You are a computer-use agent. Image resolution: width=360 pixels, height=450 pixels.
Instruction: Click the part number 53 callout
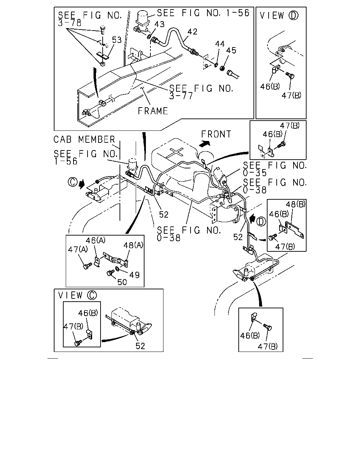[x=117, y=40]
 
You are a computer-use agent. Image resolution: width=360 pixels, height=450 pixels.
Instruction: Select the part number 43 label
[x=159, y=24]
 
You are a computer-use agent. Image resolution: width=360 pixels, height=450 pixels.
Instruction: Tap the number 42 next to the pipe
[x=192, y=32]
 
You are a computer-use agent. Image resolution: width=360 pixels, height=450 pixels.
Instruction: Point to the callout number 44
[x=220, y=44]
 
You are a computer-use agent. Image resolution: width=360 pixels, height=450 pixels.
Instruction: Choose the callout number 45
[x=231, y=50]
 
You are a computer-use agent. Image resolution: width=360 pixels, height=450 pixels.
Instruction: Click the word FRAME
[x=153, y=111]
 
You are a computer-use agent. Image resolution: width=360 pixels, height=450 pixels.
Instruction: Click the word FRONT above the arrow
[x=216, y=134]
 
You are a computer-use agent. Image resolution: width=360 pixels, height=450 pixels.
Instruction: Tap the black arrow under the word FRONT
[x=205, y=144]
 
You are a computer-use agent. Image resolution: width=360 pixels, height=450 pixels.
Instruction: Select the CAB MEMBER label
[x=84, y=140]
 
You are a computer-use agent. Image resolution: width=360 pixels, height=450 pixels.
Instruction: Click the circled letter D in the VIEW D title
[x=293, y=15]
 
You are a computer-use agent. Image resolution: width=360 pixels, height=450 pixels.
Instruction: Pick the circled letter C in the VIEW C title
[x=92, y=295]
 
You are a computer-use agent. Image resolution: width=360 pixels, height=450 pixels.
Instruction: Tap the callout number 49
[x=134, y=275]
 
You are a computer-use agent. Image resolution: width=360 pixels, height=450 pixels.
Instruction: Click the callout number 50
[x=122, y=282]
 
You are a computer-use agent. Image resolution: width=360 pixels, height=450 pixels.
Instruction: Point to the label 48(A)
[x=133, y=245]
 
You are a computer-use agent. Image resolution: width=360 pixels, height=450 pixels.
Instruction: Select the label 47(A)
[x=78, y=249]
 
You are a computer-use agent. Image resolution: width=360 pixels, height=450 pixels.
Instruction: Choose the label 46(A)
[x=95, y=240]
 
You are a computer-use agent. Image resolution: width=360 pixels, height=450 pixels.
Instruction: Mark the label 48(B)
[x=296, y=204]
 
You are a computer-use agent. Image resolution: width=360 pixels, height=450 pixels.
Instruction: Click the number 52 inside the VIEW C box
[x=140, y=346]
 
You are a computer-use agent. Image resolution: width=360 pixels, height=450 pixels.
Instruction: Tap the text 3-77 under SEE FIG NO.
[x=181, y=96]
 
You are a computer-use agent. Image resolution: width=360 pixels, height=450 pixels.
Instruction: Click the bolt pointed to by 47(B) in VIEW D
[x=290, y=75]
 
